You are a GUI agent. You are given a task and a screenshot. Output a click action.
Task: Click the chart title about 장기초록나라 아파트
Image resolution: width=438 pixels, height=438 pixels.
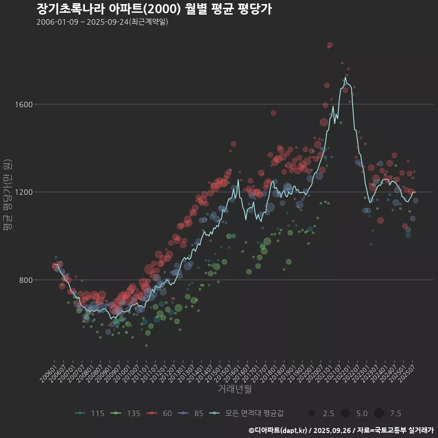click(154, 9)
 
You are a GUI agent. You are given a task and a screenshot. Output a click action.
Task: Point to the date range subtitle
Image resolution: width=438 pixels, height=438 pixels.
click(102, 22)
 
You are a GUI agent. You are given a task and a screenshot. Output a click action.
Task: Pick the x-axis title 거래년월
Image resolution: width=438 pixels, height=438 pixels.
click(235, 389)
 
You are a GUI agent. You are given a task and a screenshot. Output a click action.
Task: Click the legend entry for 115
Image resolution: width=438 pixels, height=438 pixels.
click(97, 413)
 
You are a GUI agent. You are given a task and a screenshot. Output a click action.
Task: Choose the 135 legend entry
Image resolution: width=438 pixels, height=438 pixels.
click(133, 413)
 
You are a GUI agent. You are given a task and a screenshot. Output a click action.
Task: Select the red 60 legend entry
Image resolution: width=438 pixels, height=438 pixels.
click(167, 413)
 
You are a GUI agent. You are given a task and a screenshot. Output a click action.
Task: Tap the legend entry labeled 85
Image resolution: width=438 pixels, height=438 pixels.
click(198, 413)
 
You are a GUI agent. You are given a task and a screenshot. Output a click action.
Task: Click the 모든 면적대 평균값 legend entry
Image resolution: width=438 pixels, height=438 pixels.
click(254, 413)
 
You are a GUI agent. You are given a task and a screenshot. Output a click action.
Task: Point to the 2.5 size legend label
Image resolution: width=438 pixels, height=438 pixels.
click(328, 413)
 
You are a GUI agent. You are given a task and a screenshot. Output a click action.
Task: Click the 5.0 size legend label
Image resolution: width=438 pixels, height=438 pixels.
click(362, 413)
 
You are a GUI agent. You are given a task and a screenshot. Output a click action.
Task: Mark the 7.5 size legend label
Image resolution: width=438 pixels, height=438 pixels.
click(396, 413)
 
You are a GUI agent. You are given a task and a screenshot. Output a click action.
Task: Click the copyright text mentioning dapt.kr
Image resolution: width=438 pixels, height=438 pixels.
click(341, 430)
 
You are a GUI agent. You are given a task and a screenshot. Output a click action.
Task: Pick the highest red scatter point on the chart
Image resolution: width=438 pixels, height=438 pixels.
click(330, 45)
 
